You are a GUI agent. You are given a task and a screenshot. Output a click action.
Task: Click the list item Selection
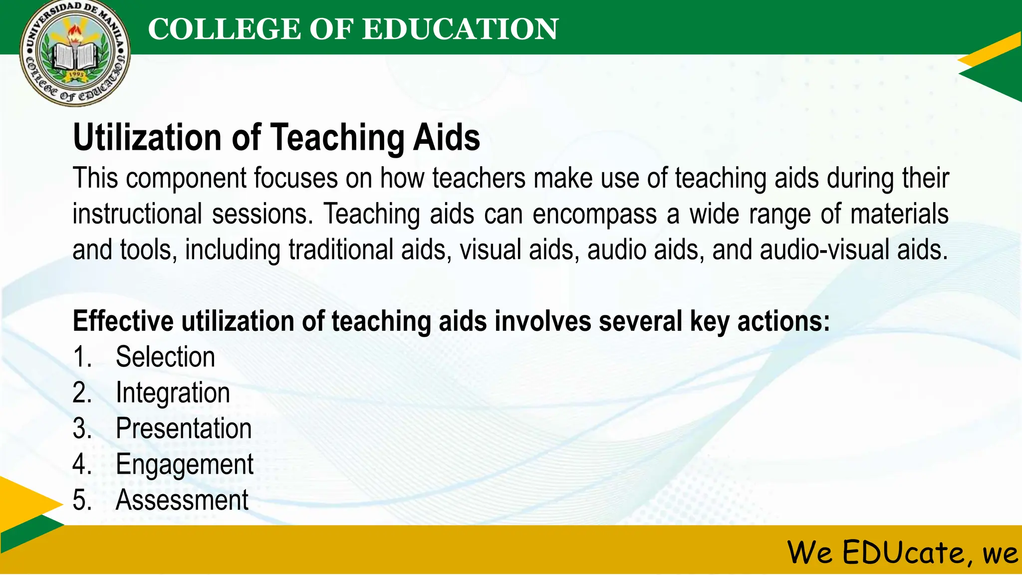[165, 357]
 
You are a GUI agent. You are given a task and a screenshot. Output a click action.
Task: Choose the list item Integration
[173, 393]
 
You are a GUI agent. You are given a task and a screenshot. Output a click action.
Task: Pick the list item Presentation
[184, 428]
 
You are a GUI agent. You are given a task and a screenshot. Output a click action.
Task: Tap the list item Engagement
[185, 464]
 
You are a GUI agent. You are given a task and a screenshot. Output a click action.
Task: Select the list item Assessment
[182, 500]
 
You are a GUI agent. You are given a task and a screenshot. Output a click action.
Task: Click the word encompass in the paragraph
[594, 214]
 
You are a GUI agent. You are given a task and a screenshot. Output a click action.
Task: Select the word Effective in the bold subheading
[123, 321]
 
